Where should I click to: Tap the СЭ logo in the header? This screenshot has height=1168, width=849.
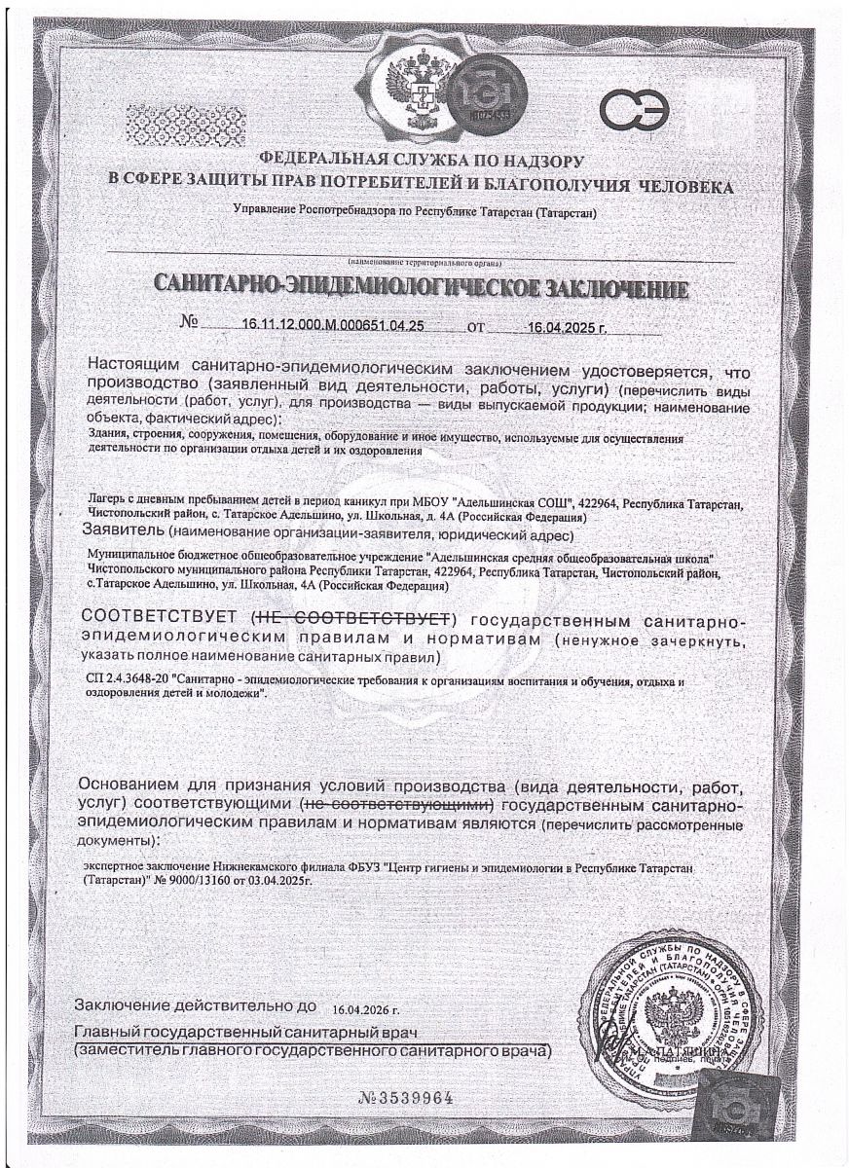coord(633,109)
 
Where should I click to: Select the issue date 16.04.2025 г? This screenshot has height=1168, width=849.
coord(566,328)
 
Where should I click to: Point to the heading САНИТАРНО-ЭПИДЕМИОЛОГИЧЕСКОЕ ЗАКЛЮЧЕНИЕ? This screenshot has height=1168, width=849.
coord(421,289)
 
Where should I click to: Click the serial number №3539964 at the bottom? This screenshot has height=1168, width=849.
coord(406,1098)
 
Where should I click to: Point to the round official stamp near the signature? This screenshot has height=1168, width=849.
coord(672,1022)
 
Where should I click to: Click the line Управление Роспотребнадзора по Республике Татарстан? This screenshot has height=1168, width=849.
coord(414,210)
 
